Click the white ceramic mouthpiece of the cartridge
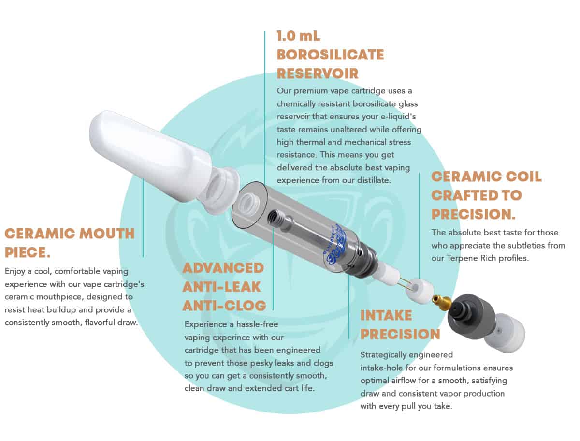pyautogui.click(x=159, y=161)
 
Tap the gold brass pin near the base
pyautogui.click(x=442, y=301)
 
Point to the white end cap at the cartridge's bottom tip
pyautogui.click(x=505, y=333)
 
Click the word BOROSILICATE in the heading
pyautogui.click(x=330, y=55)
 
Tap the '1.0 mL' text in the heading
pyautogui.click(x=298, y=36)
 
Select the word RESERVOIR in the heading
pyautogui.click(x=318, y=73)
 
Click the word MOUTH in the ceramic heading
pyautogui.click(x=107, y=234)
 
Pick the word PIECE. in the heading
pyautogui.click(x=28, y=252)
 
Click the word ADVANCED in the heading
pyautogui.click(x=223, y=268)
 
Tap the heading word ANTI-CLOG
pyautogui.click(x=224, y=306)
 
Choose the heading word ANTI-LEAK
pyautogui.click(x=222, y=287)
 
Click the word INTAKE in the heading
pyautogui.click(x=386, y=315)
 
